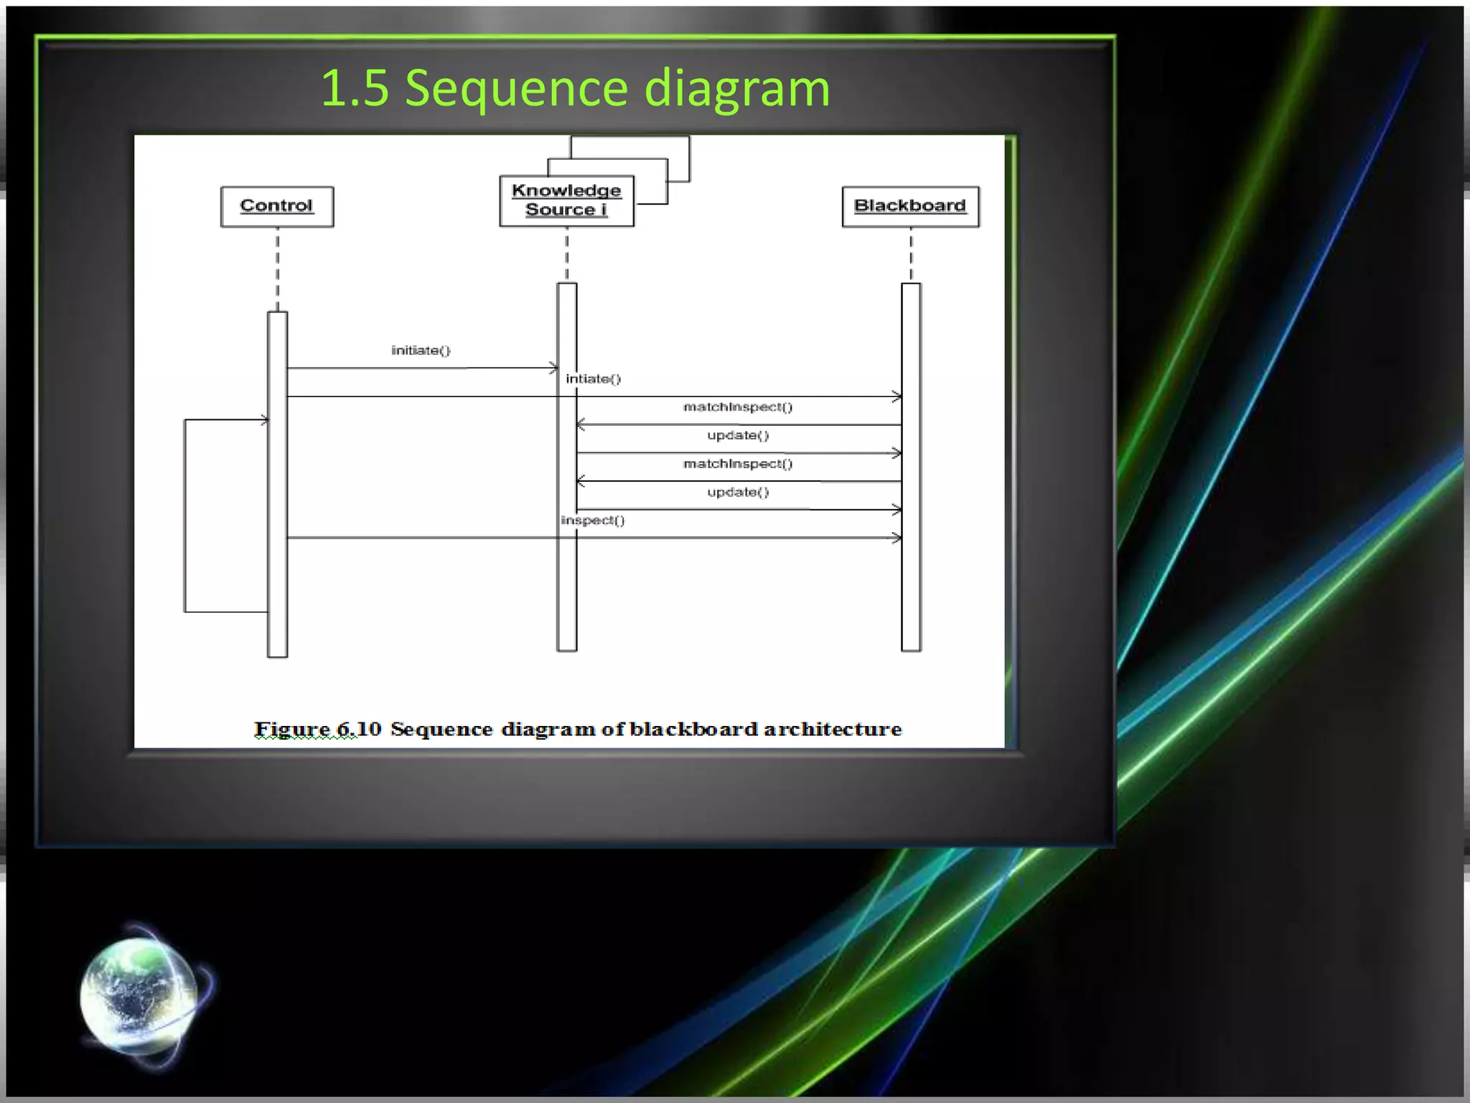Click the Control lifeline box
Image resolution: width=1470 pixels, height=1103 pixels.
tap(277, 207)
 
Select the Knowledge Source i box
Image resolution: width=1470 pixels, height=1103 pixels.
tap(566, 201)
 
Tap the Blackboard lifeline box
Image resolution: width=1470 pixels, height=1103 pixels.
tap(910, 207)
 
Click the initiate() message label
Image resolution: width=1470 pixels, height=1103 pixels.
tap(421, 350)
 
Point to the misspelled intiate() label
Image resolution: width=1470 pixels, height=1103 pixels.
tap(593, 378)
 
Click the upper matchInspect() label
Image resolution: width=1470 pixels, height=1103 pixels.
tap(738, 407)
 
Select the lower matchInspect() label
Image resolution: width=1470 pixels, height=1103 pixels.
tap(738, 464)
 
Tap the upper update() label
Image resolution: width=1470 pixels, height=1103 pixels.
tap(738, 435)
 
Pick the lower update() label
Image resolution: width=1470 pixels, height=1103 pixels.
tap(738, 492)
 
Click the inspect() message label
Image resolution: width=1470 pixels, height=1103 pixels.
tap(593, 520)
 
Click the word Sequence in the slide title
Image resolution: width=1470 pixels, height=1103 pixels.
tap(517, 88)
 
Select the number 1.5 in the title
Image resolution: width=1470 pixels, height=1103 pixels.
tap(355, 88)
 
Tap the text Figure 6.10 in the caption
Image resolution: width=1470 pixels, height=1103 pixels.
tap(317, 729)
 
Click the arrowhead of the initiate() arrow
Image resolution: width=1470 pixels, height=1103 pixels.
tap(553, 368)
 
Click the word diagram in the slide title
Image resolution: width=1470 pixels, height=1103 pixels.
tap(737, 88)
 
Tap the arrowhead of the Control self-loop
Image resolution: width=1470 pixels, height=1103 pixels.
tap(264, 420)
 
